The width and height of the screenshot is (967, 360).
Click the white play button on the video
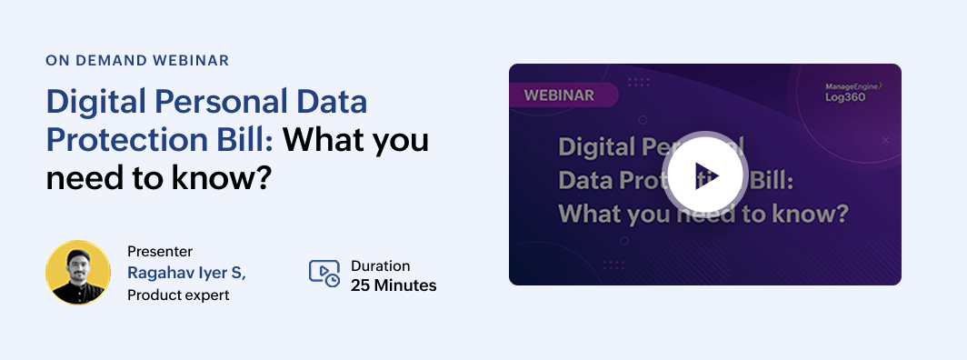(x=705, y=175)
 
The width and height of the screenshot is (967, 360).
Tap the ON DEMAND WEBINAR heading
(x=137, y=60)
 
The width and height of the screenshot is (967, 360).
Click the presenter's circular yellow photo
(x=78, y=273)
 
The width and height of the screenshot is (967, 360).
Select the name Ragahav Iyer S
(x=186, y=273)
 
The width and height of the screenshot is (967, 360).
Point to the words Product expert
(x=178, y=295)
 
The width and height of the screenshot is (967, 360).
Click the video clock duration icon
(x=324, y=274)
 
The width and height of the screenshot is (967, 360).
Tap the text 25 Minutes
(x=394, y=285)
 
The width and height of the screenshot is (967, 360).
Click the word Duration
(x=381, y=265)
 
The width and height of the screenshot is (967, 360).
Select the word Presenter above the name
(x=160, y=251)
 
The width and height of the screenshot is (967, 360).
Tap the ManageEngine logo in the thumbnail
(x=853, y=87)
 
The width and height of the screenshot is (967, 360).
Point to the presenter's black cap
(x=78, y=255)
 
